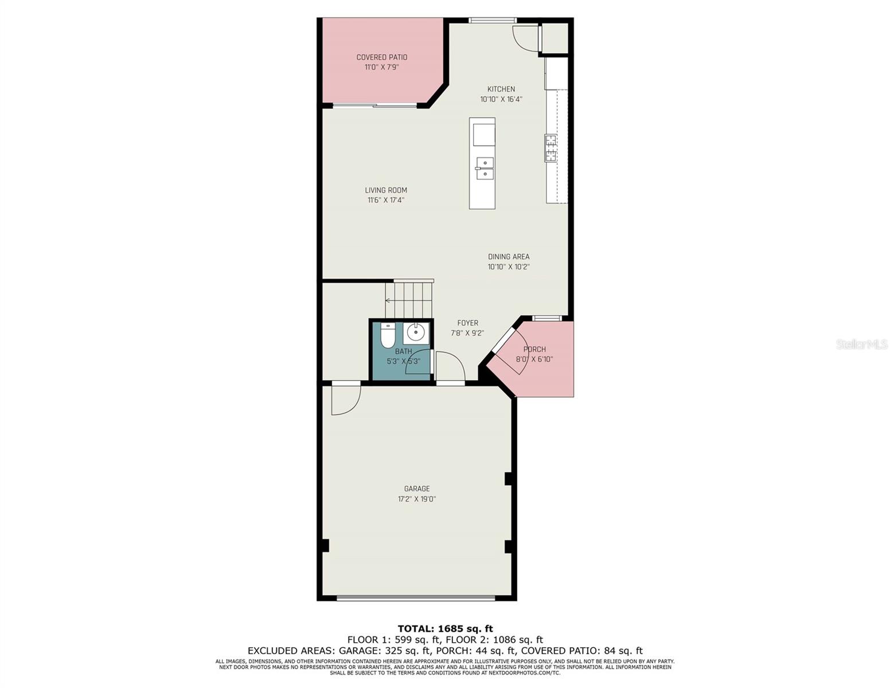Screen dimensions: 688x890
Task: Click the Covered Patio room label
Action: [381, 57]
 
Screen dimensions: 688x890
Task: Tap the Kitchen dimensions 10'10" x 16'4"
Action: [501, 99]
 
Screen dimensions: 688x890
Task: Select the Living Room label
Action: [386, 190]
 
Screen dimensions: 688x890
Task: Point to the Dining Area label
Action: [508, 257]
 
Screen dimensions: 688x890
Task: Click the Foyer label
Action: [467, 323]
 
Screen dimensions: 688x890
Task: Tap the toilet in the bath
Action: [388, 335]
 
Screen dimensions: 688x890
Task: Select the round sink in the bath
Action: [416, 333]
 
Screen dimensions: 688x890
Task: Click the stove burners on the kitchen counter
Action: [551, 148]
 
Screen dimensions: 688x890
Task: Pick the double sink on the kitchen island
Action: [485, 168]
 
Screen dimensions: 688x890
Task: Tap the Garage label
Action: [416, 489]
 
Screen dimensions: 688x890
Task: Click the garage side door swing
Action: [345, 399]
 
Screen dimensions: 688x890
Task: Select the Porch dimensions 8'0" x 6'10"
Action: [534, 359]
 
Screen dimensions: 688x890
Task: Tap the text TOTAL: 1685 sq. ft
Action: [445, 629]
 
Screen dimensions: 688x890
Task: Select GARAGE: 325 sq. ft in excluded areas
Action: [383, 651]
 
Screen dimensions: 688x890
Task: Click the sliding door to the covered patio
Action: [375, 105]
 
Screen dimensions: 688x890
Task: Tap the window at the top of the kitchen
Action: [492, 21]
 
